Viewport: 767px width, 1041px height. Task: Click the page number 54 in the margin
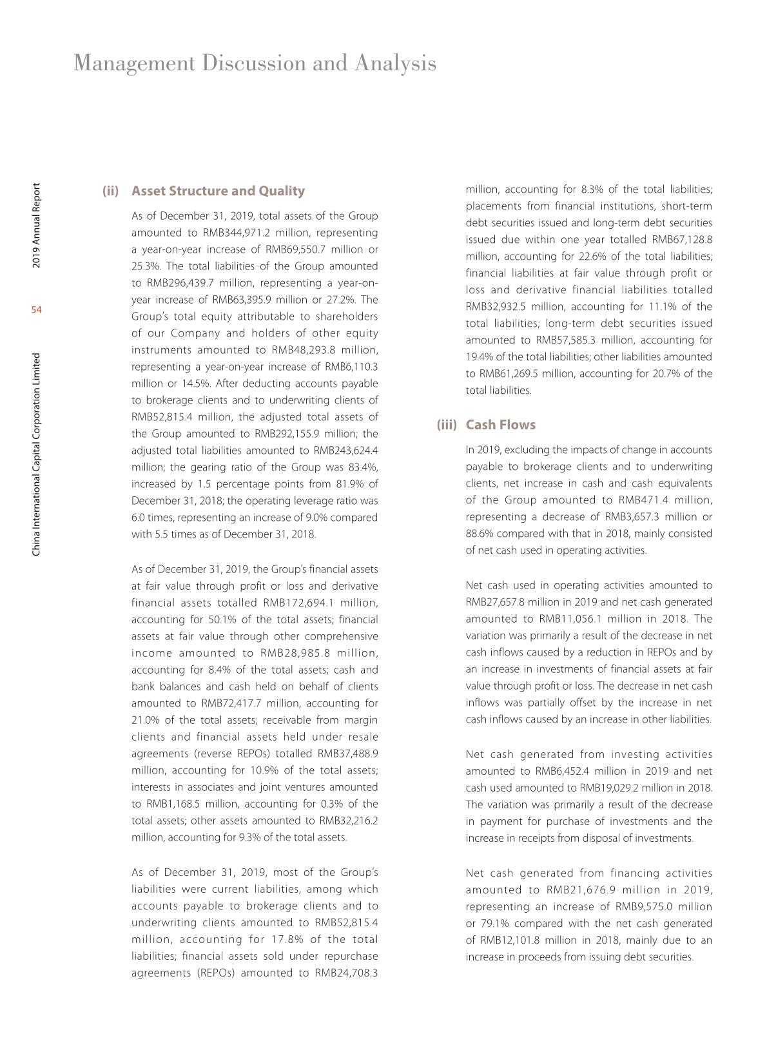(x=36, y=311)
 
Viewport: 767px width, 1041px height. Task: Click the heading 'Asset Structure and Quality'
(x=218, y=191)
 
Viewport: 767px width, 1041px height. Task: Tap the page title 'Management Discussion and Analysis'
(x=255, y=63)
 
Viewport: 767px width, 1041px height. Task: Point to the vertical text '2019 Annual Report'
(x=37, y=226)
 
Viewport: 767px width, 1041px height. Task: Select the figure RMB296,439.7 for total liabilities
(x=182, y=283)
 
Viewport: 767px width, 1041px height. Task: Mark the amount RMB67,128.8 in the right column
(x=682, y=240)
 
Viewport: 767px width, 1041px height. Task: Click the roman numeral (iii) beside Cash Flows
(x=447, y=425)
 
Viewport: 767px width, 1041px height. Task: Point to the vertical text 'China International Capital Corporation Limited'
(x=37, y=454)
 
